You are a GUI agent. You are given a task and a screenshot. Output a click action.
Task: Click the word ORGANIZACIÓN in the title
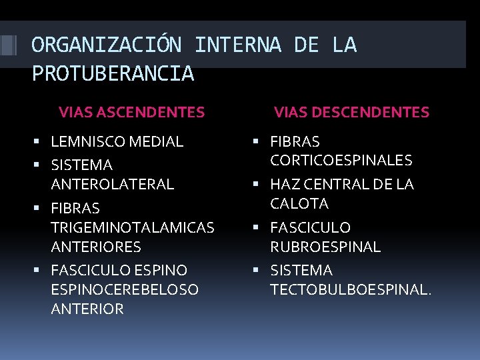click(x=106, y=45)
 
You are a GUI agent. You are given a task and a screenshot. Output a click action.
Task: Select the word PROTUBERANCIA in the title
click(x=113, y=73)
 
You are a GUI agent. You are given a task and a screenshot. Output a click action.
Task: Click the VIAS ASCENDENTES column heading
click(x=131, y=112)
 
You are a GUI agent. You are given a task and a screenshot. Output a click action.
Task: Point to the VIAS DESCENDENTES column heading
click(x=351, y=112)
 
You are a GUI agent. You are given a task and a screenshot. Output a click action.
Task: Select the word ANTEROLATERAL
click(x=112, y=183)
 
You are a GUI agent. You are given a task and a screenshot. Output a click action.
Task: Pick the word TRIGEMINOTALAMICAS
click(x=132, y=227)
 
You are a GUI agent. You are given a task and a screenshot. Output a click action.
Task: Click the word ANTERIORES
click(x=95, y=247)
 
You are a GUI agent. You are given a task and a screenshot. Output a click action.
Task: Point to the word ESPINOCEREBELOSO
click(x=124, y=290)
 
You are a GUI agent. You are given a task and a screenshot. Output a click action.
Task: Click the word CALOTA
click(x=299, y=203)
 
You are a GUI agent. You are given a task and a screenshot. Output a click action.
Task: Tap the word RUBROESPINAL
click(x=325, y=247)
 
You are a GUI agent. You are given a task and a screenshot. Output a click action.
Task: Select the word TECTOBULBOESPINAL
click(x=349, y=290)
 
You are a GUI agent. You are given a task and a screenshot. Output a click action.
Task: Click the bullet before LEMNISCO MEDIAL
click(x=42, y=141)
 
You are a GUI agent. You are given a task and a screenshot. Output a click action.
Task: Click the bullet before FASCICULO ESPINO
click(x=42, y=271)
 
